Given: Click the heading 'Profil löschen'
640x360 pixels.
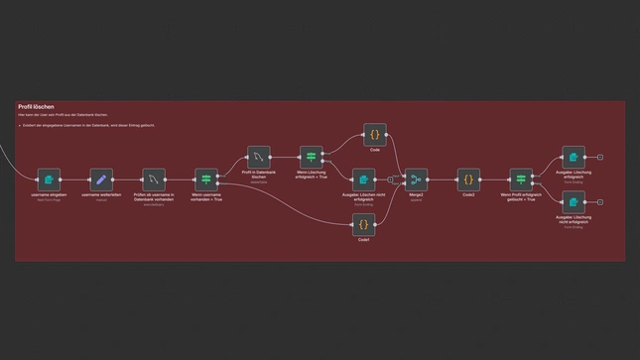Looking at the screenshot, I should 36,106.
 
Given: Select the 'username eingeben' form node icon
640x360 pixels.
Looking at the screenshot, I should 49,180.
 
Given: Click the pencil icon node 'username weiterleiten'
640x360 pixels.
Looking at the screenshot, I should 100,180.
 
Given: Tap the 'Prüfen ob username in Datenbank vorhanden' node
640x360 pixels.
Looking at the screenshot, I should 154,180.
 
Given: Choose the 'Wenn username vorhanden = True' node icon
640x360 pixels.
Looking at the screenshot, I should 206,180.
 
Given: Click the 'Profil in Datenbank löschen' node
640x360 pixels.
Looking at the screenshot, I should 259,158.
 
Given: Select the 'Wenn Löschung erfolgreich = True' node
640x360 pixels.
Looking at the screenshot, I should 312,158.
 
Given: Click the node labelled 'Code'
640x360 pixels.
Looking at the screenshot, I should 375,135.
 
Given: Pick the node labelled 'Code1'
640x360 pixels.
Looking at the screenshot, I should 364,225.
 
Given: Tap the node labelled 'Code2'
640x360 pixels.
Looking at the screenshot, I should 468,180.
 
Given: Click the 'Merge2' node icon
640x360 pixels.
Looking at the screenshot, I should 417,180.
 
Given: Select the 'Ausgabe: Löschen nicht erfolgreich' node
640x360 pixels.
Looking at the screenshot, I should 364,180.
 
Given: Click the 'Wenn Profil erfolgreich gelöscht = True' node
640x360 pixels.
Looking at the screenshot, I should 522,180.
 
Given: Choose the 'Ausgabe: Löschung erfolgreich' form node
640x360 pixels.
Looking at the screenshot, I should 574,158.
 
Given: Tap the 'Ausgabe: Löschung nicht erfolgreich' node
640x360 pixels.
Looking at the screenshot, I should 574,202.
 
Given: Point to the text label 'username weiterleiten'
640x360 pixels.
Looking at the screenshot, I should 100,195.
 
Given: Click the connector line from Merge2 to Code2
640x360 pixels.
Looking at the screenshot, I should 443,180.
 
